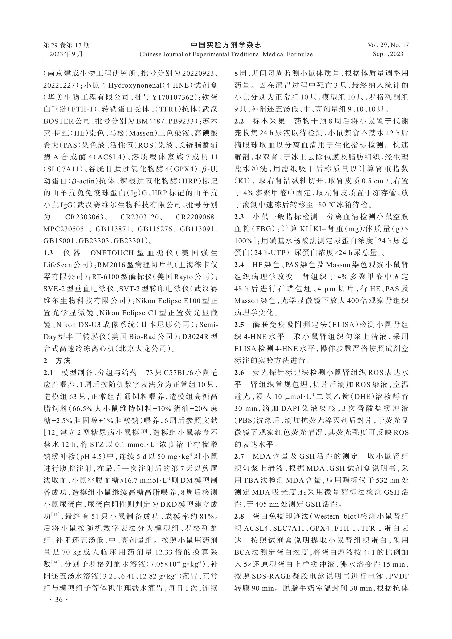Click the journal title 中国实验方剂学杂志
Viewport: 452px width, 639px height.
(x=226, y=45)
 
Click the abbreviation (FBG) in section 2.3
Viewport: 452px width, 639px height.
(x=261, y=229)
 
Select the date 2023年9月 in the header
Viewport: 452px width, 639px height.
(x=66, y=54)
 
